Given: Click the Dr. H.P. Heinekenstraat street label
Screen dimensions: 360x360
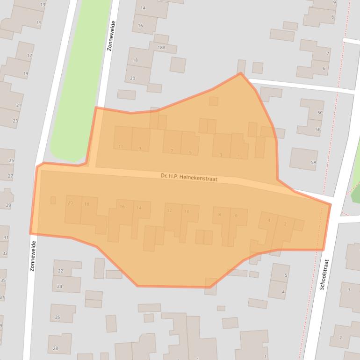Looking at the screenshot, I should coord(189,178).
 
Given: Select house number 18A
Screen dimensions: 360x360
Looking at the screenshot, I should coord(161,48).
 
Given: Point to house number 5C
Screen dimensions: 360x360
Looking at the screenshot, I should coord(320,113).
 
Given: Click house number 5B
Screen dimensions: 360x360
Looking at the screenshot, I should coord(318,129).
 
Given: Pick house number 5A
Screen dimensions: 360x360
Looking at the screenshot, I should coord(313,162).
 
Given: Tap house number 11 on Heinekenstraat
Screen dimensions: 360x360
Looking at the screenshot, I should coord(121,147).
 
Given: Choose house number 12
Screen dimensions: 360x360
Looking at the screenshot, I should coord(169,210).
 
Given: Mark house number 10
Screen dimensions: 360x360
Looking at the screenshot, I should coord(187,212).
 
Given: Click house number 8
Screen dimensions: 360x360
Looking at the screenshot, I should coord(219,215).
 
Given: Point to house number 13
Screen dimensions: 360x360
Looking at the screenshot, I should coord(43,5).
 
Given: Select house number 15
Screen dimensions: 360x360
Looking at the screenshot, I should coord(39,23).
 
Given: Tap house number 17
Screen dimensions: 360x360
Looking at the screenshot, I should coord(29,56).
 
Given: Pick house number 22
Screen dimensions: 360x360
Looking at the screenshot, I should coord(60,271).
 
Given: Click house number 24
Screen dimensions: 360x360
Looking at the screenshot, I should coord(59,286).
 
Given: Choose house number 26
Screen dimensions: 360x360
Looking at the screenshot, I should coord(58,317).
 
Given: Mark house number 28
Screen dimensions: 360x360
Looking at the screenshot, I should coord(55,348).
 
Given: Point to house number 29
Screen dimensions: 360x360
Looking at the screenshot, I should coord(8,205).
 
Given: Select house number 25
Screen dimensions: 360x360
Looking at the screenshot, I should coord(11,160).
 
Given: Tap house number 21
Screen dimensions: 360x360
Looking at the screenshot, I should coord(19,105).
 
